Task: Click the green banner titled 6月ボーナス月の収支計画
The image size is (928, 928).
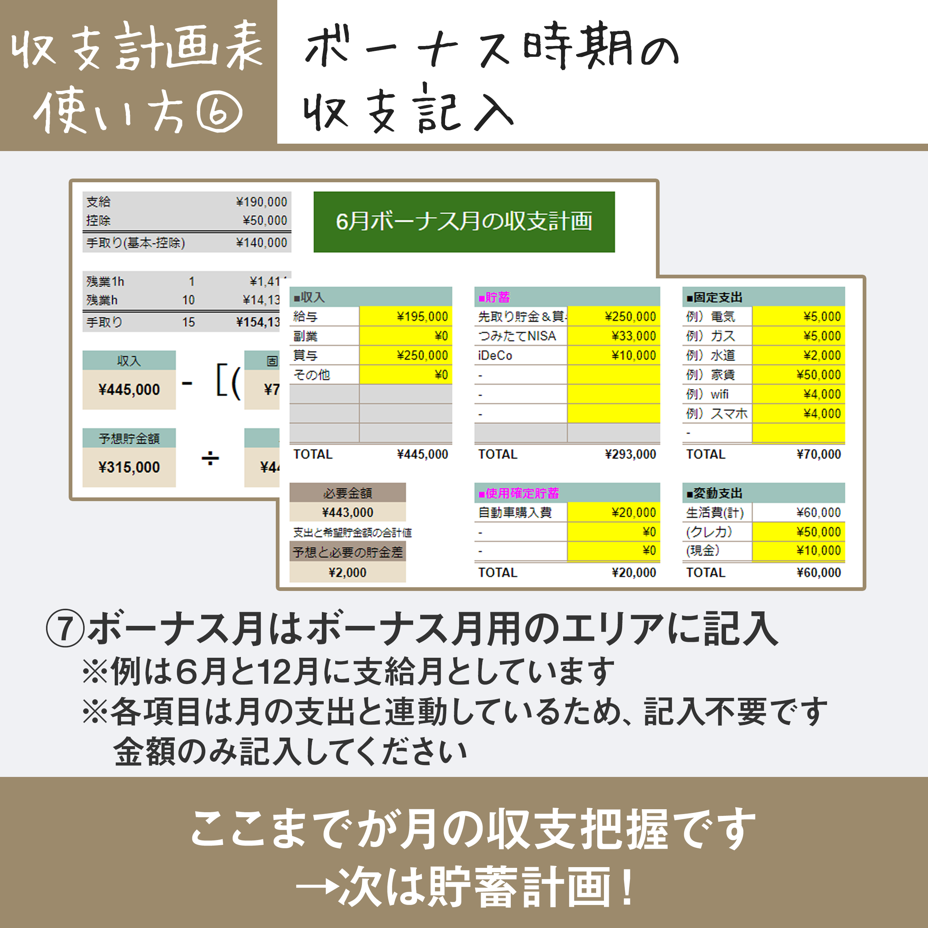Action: [464, 222]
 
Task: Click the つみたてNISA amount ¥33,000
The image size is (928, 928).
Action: [633, 336]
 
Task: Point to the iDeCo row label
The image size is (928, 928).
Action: [495, 356]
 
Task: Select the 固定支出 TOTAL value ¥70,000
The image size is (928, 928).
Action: [818, 454]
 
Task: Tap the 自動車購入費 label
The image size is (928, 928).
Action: [514, 513]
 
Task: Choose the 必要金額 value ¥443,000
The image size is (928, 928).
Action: [347, 513]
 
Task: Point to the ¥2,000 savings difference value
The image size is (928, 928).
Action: [347, 572]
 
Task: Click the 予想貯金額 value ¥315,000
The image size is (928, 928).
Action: [129, 467]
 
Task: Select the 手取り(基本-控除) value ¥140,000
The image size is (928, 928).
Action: [261, 242]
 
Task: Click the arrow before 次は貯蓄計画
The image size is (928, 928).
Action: [317, 886]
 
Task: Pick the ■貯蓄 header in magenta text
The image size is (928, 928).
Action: [494, 297]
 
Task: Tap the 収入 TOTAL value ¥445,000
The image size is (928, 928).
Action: [422, 454]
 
